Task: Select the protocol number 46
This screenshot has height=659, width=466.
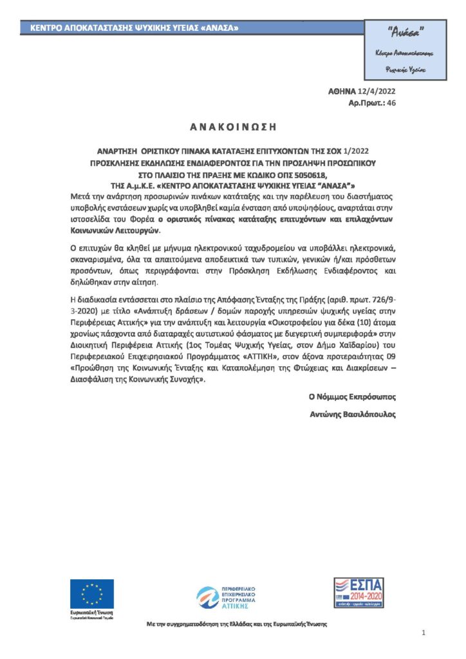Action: click(392, 102)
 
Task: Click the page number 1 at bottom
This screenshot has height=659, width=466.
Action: click(424, 634)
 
